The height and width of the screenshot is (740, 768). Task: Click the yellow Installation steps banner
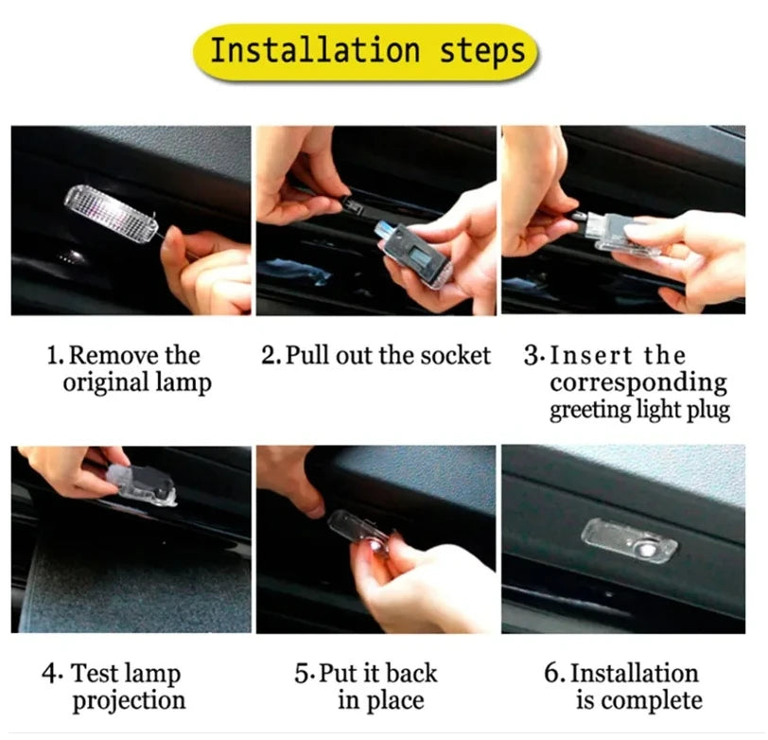(x=365, y=52)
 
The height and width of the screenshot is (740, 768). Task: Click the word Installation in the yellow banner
(x=315, y=50)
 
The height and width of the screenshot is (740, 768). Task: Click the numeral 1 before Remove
(x=53, y=355)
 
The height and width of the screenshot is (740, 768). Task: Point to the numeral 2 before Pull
(x=270, y=355)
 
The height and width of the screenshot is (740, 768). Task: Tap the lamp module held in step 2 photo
(x=414, y=257)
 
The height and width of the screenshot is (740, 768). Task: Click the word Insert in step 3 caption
(x=591, y=355)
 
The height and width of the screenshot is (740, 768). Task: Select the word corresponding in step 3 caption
(x=638, y=382)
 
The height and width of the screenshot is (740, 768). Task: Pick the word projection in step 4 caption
(x=130, y=701)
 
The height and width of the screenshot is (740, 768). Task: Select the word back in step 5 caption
(x=410, y=673)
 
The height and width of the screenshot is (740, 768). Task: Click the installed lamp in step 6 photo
(x=629, y=541)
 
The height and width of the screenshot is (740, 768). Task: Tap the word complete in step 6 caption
(x=652, y=701)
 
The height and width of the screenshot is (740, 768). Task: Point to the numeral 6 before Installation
(x=552, y=673)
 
